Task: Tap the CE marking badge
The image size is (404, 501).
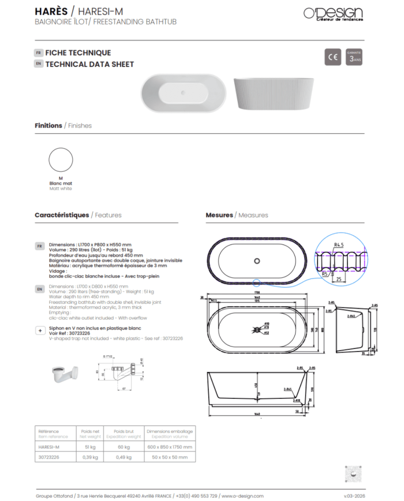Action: tap(332, 57)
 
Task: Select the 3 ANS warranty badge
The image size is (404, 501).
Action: tap(354, 57)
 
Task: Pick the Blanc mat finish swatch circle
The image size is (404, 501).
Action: tap(61, 160)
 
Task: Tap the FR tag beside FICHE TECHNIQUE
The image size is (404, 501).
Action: tap(39, 52)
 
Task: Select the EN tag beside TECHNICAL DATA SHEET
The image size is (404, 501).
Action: tap(39, 64)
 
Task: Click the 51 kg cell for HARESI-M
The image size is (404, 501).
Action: tap(91, 447)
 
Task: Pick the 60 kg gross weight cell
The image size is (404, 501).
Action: tap(123, 447)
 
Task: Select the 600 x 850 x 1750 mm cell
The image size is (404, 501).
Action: tap(170, 447)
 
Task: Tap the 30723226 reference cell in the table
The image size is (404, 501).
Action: tap(48, 457)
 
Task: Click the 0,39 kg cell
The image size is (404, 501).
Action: tap(91, 457)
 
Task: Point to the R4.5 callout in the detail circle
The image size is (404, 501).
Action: tap(339, 246)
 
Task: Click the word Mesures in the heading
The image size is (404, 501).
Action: tap(219, 215)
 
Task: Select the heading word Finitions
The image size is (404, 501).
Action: tap(48, 125)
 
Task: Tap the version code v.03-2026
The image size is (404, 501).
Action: tap(354, 496)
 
